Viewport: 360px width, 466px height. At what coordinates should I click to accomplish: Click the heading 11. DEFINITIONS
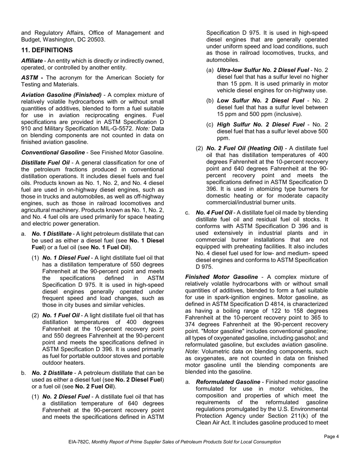[x=47, y=50]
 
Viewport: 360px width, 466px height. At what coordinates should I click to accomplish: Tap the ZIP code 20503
[x=97, y=39]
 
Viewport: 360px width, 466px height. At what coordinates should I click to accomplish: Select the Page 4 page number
[x=331, y=436]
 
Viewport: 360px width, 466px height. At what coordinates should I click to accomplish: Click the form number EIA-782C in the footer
[x=79, y=442]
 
